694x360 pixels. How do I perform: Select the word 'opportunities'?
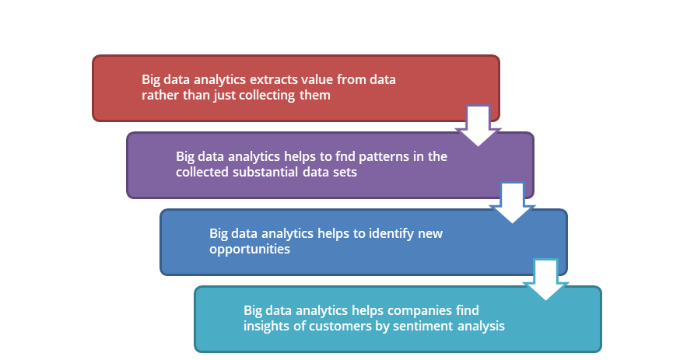(250, 250)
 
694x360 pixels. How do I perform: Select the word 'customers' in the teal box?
(335, 327)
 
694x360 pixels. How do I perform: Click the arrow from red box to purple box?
(478, 126)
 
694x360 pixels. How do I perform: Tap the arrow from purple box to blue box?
(513, 203)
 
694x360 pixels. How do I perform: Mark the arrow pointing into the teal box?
(545, 279)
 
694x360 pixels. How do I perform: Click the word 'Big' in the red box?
(150, 80)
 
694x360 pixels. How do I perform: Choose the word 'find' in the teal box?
(468, 310)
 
